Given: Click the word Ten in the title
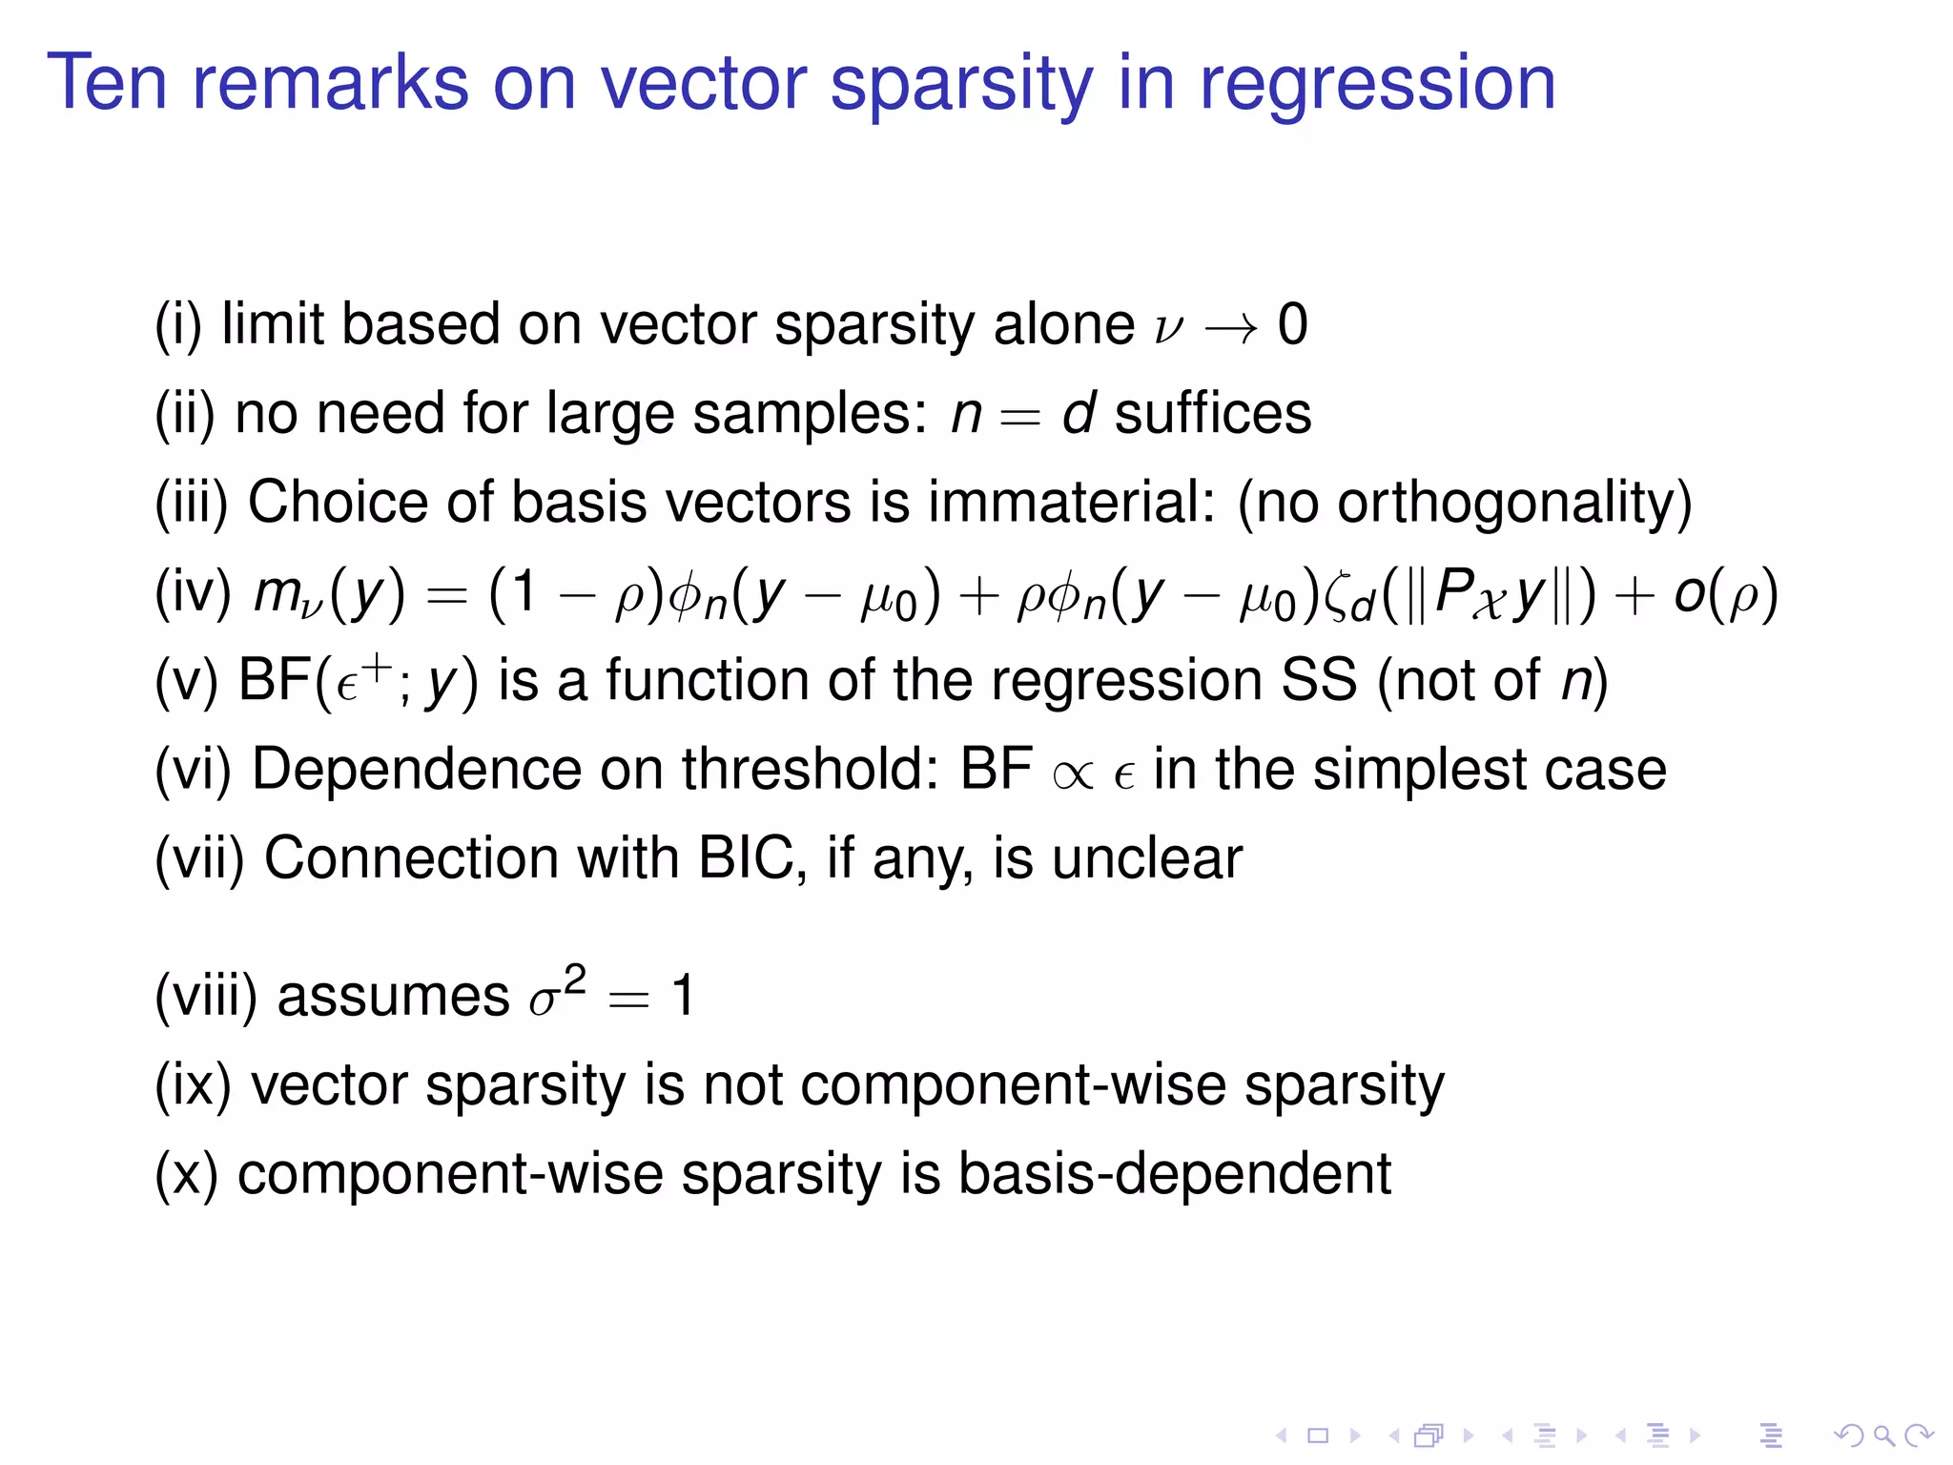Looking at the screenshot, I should (107, 84).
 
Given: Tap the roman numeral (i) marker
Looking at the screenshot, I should (178, 325).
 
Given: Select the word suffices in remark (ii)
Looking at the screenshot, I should (1213, 414).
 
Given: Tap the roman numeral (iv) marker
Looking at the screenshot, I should (194, 592).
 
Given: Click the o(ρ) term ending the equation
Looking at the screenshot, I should (1725, 593).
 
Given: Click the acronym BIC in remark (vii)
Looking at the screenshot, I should (746, 857).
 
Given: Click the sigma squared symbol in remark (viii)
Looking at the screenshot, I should (557, 994).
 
